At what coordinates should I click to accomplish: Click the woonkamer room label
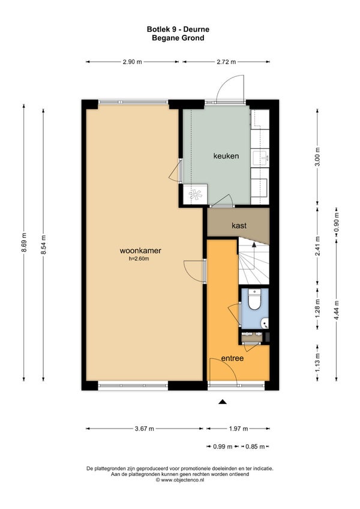(x=140, y=251)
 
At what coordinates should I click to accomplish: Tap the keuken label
(x=226, y=156)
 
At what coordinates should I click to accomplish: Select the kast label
(x=239, y=225)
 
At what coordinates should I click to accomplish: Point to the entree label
(x=232, y=358)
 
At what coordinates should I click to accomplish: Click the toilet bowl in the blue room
(x=254, y=300)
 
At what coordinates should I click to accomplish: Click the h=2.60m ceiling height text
(x=139, y=259)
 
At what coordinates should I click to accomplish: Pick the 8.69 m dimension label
(x=24, y=244)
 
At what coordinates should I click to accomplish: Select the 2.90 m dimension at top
(x=133, y=62)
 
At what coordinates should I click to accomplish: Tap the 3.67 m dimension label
(x=145, y=429)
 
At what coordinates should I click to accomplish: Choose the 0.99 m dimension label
(x=223, y=447)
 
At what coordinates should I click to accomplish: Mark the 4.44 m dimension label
(x=337, y=310)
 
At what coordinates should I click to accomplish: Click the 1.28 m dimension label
(x=318, y=307)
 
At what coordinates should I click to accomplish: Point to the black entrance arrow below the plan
(x=223, y=402)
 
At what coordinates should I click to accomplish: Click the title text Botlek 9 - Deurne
(x=178, y=29)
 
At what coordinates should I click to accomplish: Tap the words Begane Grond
(x=178, y=38)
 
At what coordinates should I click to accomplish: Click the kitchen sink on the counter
(x=260, y=158)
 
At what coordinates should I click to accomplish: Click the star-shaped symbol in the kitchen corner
(x=196, y=194)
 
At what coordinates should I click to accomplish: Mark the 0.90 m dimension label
(x=337, y=222)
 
